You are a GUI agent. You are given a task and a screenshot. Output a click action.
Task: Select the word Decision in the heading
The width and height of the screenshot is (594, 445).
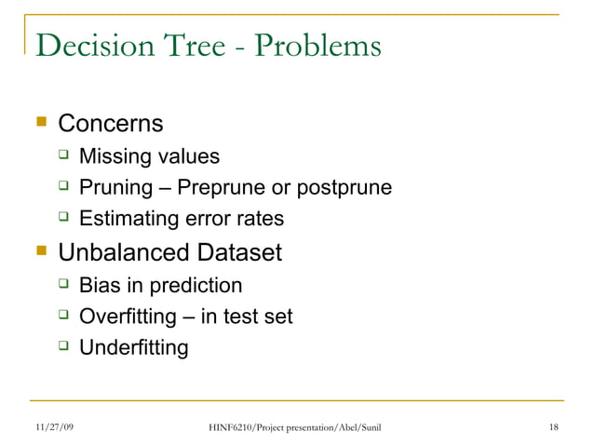(85, 45)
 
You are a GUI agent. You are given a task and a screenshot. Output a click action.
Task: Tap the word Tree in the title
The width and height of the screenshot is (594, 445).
(181, 45)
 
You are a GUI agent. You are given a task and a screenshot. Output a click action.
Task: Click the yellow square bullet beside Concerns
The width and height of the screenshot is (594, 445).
(41, 123)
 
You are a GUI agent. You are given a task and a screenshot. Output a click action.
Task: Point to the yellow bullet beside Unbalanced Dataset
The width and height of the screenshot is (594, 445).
(41, 251)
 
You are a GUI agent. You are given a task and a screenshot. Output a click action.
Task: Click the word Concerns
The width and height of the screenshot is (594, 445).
(111, 123)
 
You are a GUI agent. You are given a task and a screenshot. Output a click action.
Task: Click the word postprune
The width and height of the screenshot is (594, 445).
(344, 188)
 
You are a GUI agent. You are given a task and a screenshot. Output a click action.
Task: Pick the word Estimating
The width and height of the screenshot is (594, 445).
(127, 220)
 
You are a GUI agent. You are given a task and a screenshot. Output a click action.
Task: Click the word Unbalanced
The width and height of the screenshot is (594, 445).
(126, 252)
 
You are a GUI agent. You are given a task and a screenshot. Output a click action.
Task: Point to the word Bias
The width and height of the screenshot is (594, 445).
(100, 285)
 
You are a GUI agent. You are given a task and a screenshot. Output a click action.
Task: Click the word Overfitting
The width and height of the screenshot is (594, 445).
(128, 317)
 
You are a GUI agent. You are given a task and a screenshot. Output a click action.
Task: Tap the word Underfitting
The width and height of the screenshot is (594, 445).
(133, 348)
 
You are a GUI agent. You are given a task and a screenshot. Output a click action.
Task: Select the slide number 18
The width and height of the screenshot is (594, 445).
(554, 427)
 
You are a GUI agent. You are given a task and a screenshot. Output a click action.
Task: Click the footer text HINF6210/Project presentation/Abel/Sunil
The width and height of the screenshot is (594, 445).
(295, 427)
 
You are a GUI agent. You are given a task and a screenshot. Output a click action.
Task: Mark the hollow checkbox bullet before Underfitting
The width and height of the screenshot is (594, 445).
(63, 347)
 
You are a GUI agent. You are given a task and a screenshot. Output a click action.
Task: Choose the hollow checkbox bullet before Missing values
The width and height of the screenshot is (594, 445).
(63, 155)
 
